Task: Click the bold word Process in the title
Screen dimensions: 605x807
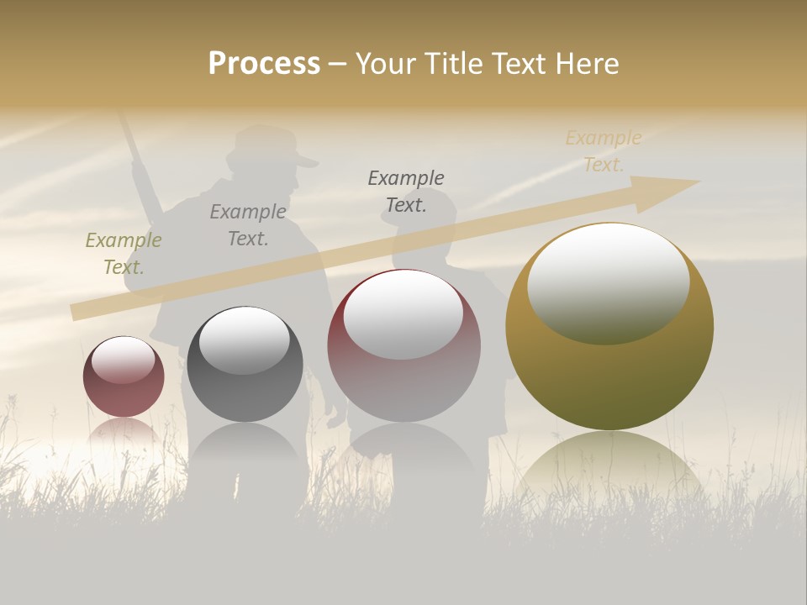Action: click(x=264, y=64)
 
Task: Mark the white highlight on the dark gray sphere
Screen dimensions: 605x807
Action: click(x=245, y=338)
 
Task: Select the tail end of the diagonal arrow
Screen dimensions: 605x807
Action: click(x=80, y=312)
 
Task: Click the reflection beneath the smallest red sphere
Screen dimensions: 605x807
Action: click(x=124, y=430)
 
